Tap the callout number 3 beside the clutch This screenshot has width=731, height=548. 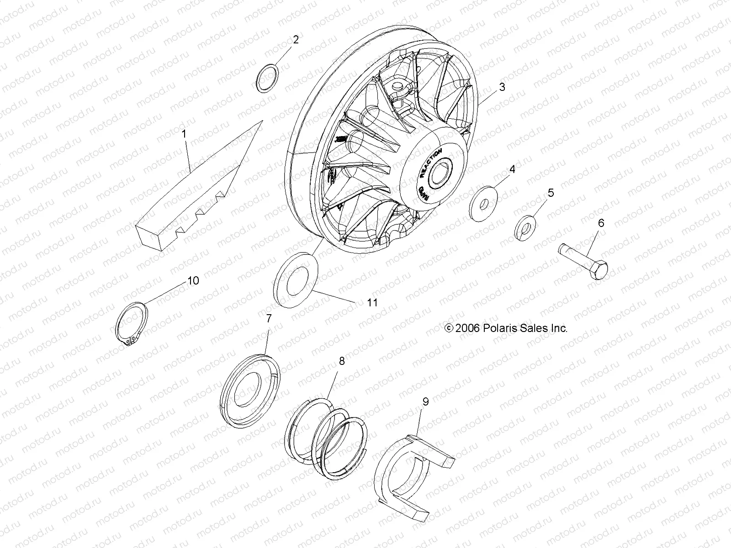tap(502, 87)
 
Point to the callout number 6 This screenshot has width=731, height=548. tap(601, 223)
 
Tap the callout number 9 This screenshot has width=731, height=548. tap(426, 402)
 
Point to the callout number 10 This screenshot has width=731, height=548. tap(193, 280)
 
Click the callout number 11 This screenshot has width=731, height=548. tap(373, 302)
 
